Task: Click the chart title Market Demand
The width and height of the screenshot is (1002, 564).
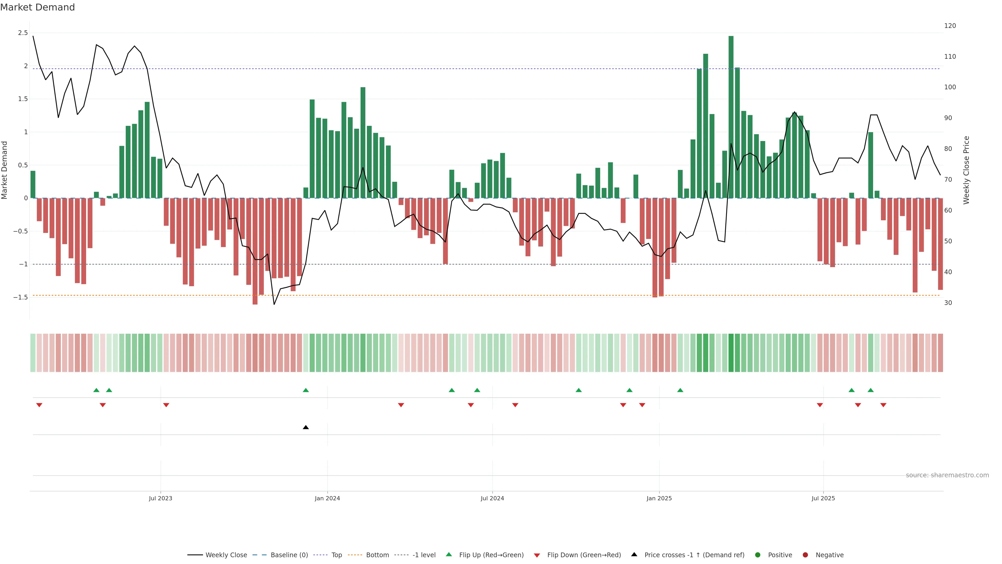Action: tap(37, 7)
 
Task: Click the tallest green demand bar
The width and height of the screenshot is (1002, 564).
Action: tap(731, 117)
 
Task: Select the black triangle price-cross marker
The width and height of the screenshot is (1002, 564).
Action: tap(306, 427)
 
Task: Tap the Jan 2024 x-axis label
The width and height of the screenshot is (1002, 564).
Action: tap(327, 498)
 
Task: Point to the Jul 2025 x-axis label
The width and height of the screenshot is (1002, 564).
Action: tap(823, 498)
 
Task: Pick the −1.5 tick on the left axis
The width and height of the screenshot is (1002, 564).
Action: tap(21, 297)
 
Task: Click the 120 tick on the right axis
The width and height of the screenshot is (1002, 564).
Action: tap(950, 26)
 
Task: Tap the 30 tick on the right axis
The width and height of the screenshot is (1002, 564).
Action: tap(948, 303)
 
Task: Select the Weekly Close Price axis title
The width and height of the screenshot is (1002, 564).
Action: tap(966, 170)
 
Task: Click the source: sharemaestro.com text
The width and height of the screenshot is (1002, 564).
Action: tap(947, 475)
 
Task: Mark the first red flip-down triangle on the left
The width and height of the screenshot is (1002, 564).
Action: tap(39, 405)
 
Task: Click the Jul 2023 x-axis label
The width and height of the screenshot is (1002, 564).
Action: tap(160, 498)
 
